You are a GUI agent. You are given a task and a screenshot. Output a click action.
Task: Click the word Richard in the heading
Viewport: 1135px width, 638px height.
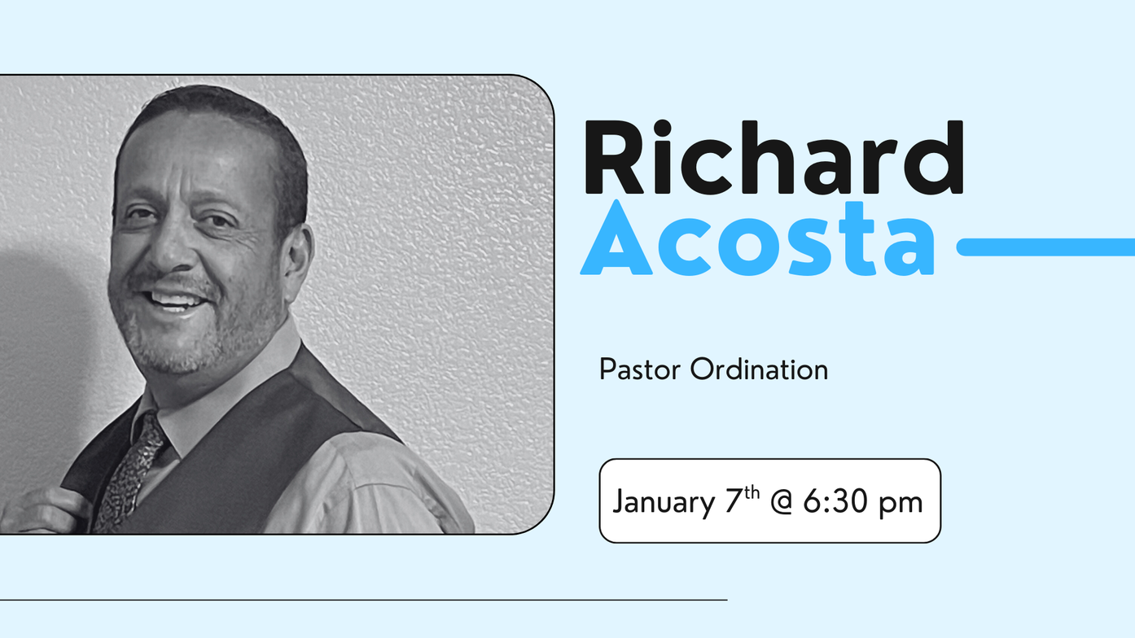point(774,157)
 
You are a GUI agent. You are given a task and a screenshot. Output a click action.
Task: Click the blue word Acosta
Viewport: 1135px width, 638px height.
point(757,238)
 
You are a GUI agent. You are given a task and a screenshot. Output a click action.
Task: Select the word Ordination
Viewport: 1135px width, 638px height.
point(759,369)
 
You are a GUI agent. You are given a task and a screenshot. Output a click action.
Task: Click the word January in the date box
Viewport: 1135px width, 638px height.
point(664,503)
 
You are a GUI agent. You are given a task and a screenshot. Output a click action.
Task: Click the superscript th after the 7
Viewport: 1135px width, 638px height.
point(752,492)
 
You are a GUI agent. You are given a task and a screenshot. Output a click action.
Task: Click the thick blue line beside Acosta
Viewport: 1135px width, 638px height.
point(1045,247)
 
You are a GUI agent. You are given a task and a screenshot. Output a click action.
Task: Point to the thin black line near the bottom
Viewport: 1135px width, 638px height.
point(364,600)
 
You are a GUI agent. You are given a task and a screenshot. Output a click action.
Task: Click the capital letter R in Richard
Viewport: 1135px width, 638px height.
point(612,157)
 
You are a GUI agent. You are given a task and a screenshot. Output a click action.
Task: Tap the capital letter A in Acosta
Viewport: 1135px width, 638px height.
point(616,237)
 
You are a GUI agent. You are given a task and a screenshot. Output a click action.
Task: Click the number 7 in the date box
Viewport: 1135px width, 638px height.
point(734,501)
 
